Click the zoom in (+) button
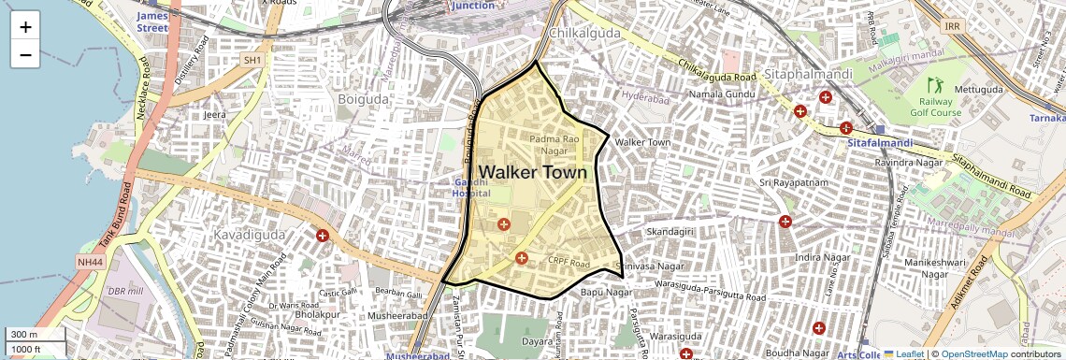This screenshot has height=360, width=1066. click(25, 27)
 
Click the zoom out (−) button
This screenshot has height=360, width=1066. click(25, 54)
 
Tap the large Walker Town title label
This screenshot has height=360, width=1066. click(533, 172)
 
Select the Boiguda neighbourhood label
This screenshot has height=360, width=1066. click(362, 97)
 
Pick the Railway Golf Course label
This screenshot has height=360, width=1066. click(936, 107)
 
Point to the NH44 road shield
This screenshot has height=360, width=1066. click(91, 262)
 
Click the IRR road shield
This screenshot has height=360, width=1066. click(953, 27)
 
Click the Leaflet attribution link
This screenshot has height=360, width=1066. click(903, 353)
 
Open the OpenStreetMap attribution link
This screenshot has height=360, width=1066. click(973, 353)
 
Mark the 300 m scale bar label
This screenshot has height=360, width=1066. click(24, 335)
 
